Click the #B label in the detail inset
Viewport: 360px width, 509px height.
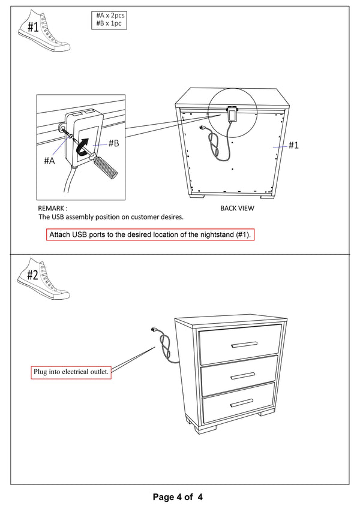click(113, 144)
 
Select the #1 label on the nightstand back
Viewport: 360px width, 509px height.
click(293, 145)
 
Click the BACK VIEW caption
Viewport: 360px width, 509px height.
click(237, 209)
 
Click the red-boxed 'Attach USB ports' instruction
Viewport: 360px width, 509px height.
click(150, 234)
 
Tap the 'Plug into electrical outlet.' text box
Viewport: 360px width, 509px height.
click(71, 372)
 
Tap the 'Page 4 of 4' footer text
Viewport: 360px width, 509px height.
click(178, 497)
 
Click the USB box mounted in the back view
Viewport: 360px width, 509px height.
click(231, 113)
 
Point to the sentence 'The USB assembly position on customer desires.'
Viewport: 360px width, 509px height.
click(111, 217)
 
